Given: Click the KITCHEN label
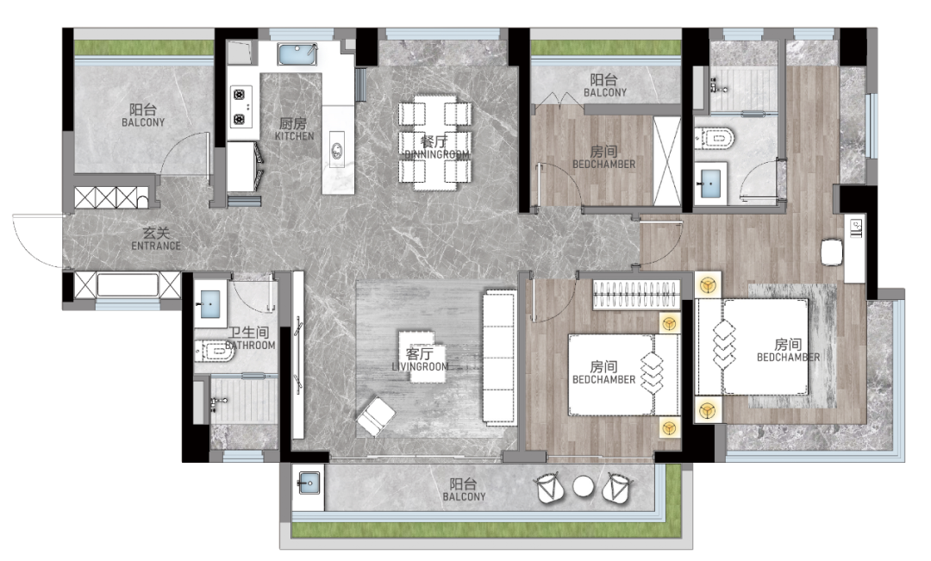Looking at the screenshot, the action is [294, 136].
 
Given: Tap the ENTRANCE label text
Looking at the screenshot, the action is [156, 246].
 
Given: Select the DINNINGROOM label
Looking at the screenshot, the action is [436, 154].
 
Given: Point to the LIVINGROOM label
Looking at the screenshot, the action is [421, 367].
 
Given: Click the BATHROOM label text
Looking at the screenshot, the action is [251, 346].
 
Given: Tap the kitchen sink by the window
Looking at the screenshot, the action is [297, 54].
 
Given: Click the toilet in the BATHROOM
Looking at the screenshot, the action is [215, 352].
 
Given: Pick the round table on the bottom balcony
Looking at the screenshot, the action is [583, 487].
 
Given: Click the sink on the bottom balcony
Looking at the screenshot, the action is [309, 482].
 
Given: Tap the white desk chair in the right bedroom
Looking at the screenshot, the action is [832, 252].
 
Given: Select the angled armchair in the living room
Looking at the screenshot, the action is [375, 416].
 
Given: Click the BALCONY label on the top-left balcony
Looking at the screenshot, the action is [143, 122].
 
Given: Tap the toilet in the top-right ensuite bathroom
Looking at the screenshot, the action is [715, 138].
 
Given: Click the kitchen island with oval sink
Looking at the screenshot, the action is [338, 150].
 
